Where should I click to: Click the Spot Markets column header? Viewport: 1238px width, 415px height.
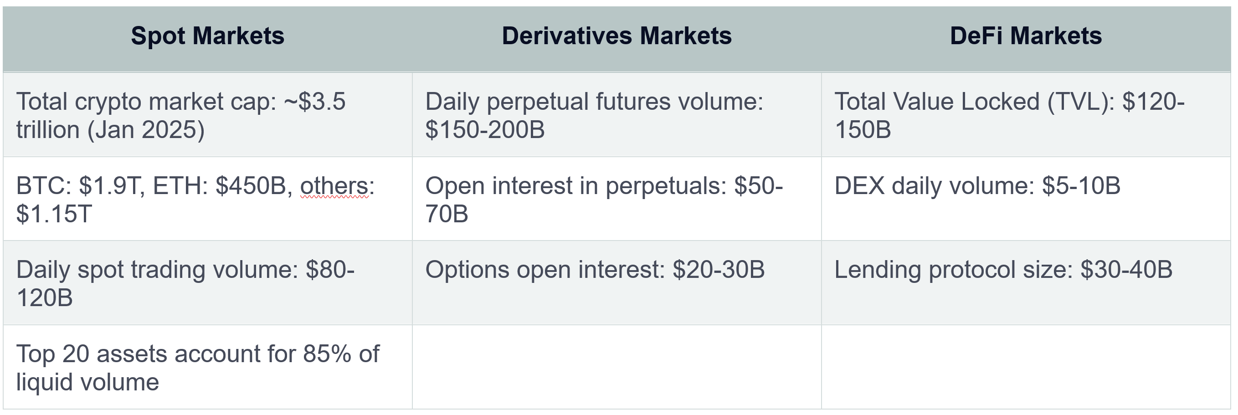(x=208, y=36)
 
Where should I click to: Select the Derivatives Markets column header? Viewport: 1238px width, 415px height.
(x=616, y=36)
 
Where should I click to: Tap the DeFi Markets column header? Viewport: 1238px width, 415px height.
(x=1026, y=36)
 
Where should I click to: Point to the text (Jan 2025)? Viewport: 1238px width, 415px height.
(x=146, y=130)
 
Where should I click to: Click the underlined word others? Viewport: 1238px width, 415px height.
(x=334, y=186)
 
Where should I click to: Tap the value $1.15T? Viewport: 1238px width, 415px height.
(x=54, y=214)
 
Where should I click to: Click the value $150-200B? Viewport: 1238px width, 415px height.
(x=485, y=130)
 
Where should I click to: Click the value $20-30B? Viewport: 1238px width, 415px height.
(x=719, y=270)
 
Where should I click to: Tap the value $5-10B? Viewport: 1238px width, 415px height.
(x=1081, y=186)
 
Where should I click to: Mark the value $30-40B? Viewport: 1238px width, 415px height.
(x=1126, y=270)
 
